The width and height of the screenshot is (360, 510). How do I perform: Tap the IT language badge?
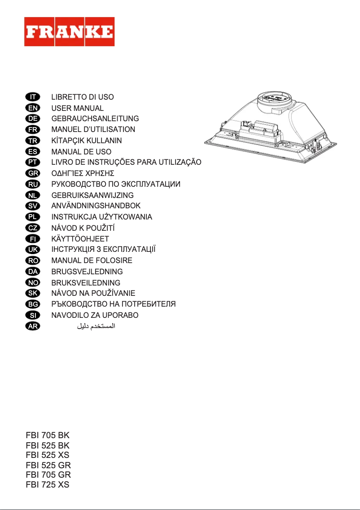[32, 97]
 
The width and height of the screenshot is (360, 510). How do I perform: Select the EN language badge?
[32, 108]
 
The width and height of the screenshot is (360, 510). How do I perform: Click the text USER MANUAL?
[77, 108]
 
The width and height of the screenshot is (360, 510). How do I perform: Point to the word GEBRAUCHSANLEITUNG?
[95, 119]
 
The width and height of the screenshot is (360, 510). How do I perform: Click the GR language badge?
[32, 173]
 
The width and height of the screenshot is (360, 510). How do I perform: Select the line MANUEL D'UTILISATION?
[93, 130]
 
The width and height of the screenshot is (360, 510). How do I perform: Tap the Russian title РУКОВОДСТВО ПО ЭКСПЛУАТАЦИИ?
[116, 184]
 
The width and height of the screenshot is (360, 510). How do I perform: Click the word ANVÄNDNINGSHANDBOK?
[96, 206]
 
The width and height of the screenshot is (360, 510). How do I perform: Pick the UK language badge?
[32, 249]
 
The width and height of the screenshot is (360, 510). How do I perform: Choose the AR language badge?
[32, 326]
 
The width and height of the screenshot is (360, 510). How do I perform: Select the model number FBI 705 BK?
[48, 435]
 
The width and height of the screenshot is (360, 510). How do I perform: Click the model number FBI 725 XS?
[48, 485]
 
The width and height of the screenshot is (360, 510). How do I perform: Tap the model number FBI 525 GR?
[48, 465]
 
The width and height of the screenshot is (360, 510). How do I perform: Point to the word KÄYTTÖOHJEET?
[80, 239]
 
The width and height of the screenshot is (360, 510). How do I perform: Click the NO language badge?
[32, 282]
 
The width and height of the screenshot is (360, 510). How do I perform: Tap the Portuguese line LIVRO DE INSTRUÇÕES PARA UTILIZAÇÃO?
[127, 162]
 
